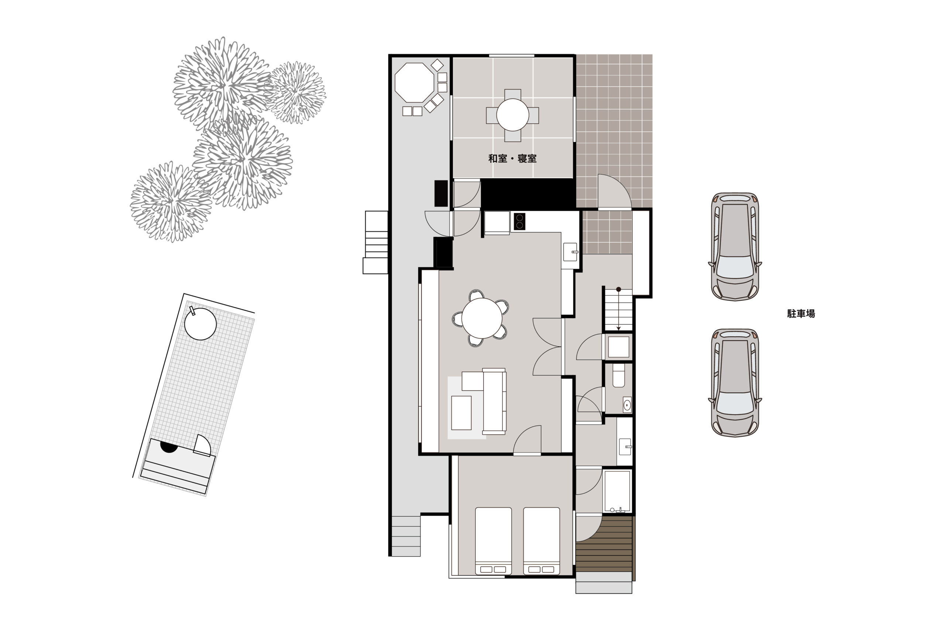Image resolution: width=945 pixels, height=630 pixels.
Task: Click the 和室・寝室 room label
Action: click(x=512, y=158)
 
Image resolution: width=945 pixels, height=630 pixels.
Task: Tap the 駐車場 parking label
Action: click(x=801, y=313)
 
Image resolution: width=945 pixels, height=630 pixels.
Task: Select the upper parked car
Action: click(x=735, y=246)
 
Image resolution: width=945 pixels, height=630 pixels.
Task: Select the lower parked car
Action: click(x=735, y=382)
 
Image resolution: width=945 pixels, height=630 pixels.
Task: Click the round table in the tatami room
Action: click(x=512, y=115)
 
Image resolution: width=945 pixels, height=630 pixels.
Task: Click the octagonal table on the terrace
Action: click(x=414, y=83)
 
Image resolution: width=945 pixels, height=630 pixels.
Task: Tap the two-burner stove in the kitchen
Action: click(x=519, y=221)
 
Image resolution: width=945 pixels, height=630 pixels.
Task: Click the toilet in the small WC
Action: click(x=619, y=375)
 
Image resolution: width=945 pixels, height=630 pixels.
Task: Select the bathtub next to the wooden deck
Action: click(x=617, y=491)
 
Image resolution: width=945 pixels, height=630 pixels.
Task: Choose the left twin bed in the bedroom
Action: click(x=494, y=541)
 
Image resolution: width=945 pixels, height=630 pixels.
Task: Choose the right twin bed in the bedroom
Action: click(x=542, y=541)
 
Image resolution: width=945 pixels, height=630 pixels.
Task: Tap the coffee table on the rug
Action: click(x=461, y=413)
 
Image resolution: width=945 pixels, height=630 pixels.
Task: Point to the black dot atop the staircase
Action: click(x=619, y=289)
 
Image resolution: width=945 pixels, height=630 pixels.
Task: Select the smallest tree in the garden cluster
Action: click(x=296, y=92)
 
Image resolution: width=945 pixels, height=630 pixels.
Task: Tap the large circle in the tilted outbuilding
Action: click(x=200, y=324)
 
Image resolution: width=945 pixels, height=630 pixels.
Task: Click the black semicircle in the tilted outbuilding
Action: click(x=169, y=447)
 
